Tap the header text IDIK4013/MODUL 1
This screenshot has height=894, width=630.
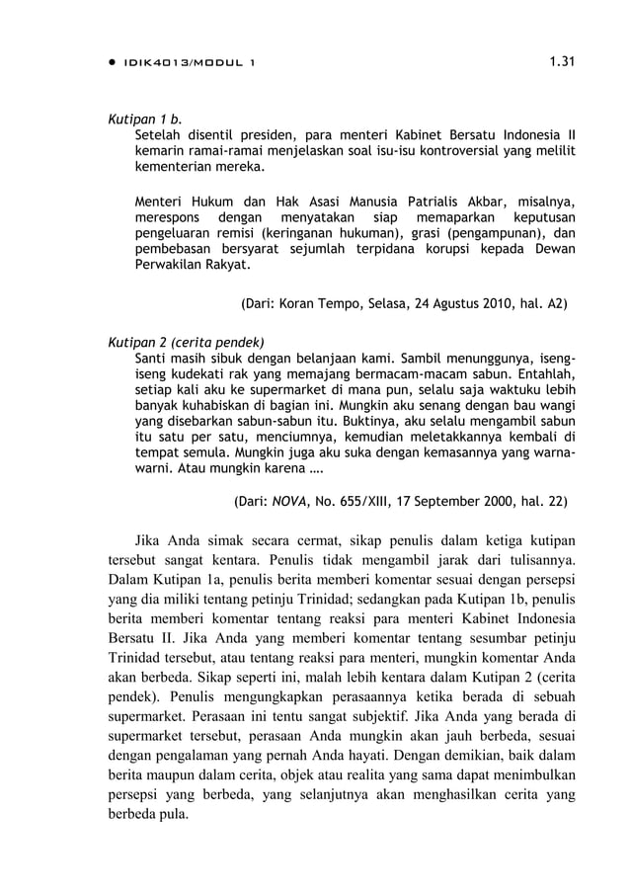point(189,63)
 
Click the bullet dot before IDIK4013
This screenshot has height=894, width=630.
point(111,63)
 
